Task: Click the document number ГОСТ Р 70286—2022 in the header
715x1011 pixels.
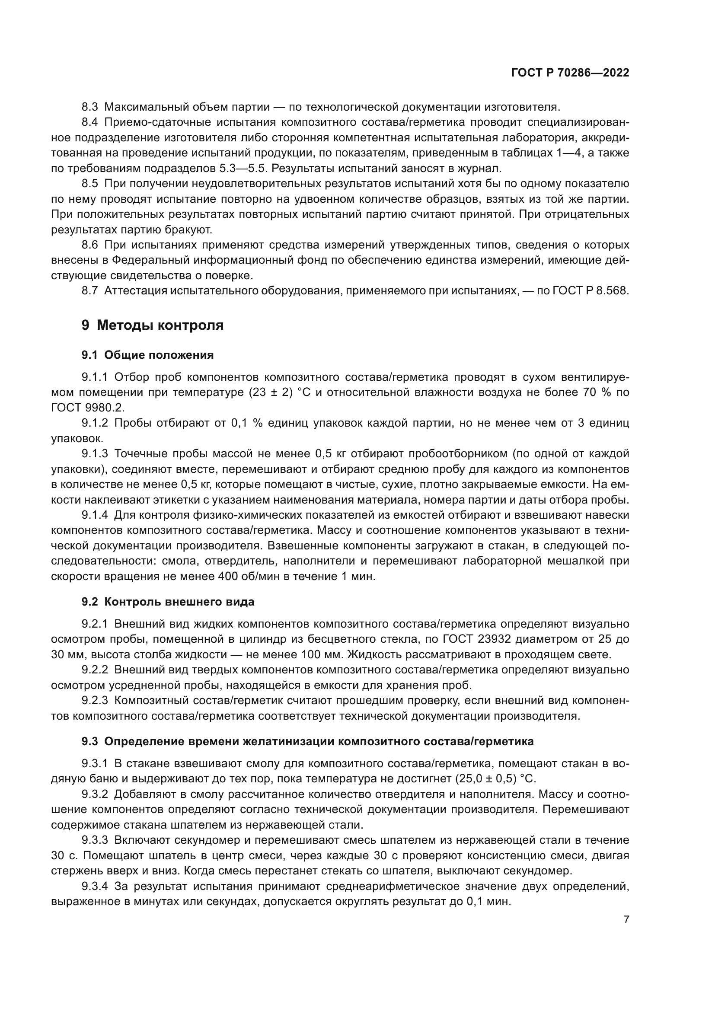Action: pyautogui.click(x=570, y=73)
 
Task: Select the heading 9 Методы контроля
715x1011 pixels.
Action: pyautogui.click(x=152, y=325)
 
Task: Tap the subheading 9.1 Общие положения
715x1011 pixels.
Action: pyautogui.click(x=147, y=355)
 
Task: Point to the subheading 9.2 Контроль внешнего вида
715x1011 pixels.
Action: pyautogui.click(x=168, y=602)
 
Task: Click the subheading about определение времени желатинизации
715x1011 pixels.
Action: pyautogui.click(x=307, y=741)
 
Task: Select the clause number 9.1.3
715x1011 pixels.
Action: pyautogui.click(x=95, y=453)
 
